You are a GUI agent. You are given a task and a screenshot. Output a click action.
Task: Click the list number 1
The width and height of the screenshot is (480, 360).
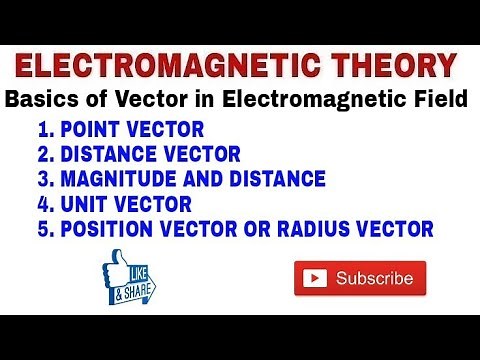[x=43, y=130]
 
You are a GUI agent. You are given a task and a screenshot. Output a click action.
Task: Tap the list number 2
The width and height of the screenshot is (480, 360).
[x=43, y=155]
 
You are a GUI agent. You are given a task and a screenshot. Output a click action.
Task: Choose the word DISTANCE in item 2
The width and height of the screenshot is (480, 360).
[x=112, y=155]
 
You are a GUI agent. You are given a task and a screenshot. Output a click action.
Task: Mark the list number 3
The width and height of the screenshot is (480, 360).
[x=43, y=180]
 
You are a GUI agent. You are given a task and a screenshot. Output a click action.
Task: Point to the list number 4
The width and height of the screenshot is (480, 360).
[x=43, y=205]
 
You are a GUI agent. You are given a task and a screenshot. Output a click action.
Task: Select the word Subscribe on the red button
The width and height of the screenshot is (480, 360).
[x=374, y=278]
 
